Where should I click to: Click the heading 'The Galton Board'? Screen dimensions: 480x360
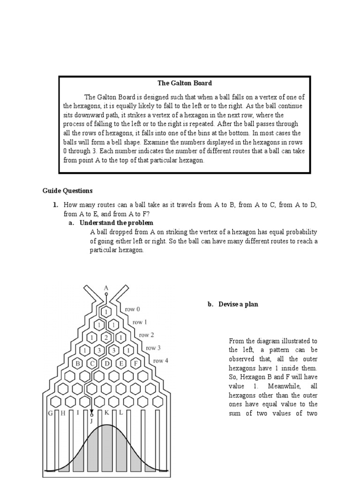[x=185, y=83]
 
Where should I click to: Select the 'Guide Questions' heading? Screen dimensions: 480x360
[x=67, y=190]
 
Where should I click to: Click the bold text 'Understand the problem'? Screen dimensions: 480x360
[x=116, y=223]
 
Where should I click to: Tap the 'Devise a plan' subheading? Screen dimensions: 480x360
[x=233, y=304]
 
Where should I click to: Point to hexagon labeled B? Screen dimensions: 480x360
[x=78, y=363]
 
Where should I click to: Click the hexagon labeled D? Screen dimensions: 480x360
[x=106, y=363]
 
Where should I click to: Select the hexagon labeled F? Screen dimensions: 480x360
[x=135, y=363]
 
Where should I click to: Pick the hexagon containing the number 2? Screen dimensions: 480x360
[x=106, y=337]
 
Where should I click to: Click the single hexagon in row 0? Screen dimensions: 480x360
[x=106, y=312]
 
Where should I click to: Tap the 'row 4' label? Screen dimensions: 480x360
[x=161, y=360]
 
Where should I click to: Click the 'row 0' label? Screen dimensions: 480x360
[x=132, y=309]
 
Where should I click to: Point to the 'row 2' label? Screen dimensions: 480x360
[x=147, y=335]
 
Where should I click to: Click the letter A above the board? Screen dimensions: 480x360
[x=106, y=287]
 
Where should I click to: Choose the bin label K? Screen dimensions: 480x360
[x=107, y=413]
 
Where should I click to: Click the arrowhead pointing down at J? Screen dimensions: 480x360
[x=92, y=411]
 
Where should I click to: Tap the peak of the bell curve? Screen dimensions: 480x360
[x=107, y=425]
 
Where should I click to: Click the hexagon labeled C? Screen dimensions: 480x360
[x=92, y=363]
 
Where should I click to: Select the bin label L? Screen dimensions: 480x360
[x=120, y=413]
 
